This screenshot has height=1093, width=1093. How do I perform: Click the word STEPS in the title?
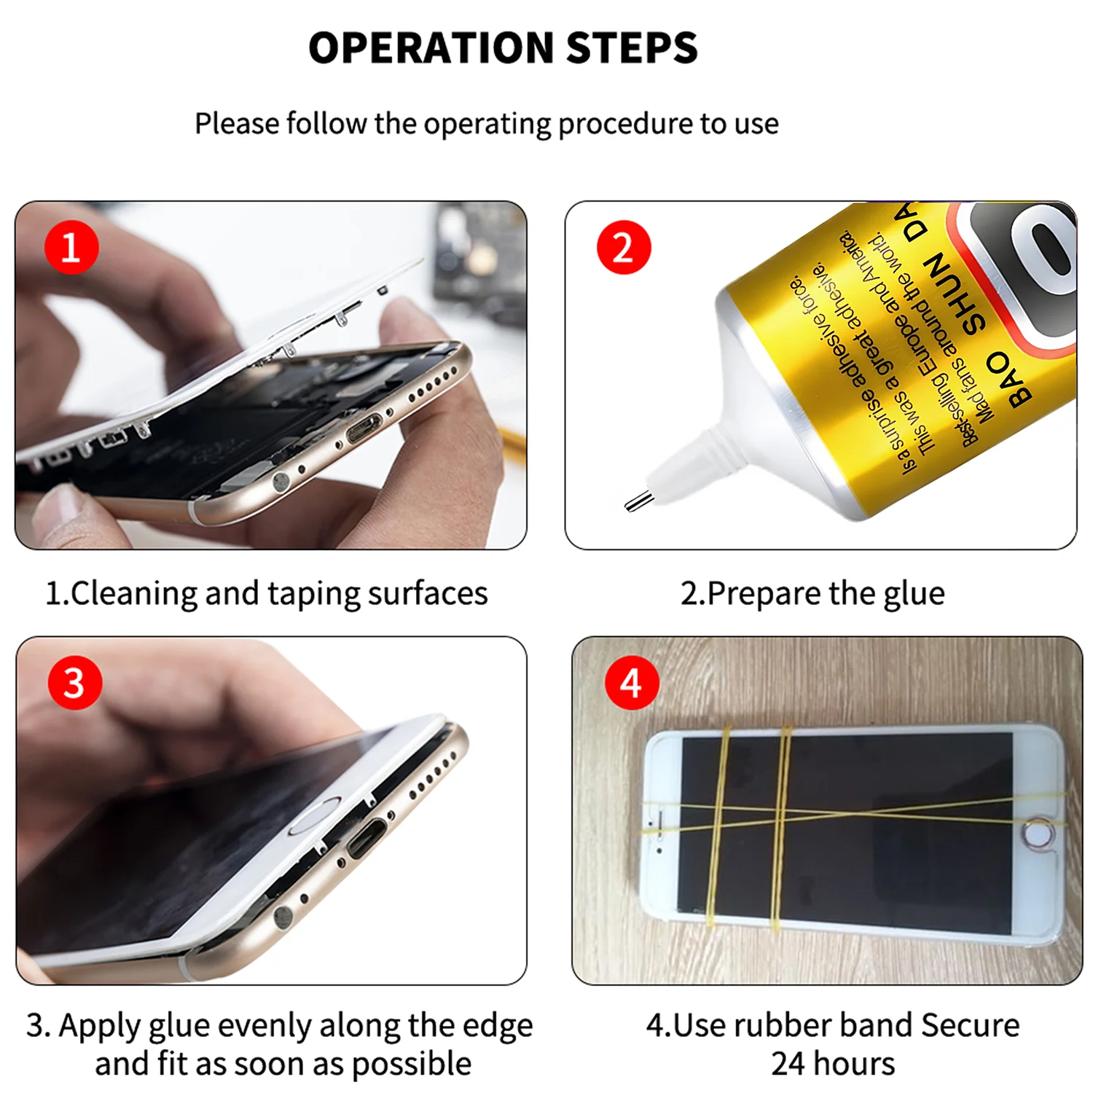pos(632,48)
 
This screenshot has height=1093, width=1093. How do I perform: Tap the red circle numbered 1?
pos(71,248)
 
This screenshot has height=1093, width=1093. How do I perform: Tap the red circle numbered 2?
pos(623,248)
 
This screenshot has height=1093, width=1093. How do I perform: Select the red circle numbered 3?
pos(74,683)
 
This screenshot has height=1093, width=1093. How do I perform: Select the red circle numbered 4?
pos(631,683)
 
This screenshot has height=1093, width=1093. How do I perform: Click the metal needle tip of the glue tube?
pos(638,501)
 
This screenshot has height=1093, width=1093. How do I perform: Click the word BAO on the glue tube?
pos(1009,377)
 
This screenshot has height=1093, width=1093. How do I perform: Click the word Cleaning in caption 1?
pos(134,593)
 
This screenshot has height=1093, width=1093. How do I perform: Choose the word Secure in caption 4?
pos(970,1025)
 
